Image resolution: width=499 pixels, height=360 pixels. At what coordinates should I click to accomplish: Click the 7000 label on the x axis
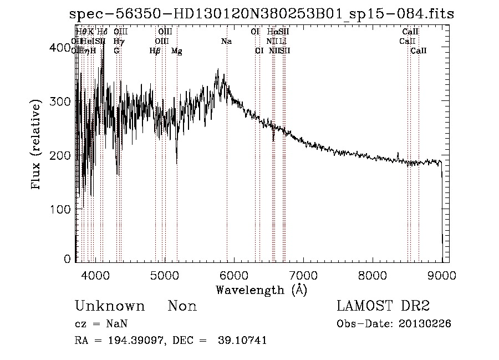303,275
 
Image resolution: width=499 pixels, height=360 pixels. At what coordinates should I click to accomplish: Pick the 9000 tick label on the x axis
442,275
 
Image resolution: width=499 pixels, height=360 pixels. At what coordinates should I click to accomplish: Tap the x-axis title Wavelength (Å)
261,290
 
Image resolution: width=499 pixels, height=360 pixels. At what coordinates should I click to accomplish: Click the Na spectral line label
226,42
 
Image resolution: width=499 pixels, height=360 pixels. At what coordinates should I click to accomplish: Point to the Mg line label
176,51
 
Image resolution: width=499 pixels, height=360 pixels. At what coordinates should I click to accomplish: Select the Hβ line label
155,51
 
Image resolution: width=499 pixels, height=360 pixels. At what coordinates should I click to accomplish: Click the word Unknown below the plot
110,306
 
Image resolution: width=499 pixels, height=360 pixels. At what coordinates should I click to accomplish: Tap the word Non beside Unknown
182,306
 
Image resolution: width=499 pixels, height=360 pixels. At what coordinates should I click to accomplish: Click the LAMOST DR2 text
383,306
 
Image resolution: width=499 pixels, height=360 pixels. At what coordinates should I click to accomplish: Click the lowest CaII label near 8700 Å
419,51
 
